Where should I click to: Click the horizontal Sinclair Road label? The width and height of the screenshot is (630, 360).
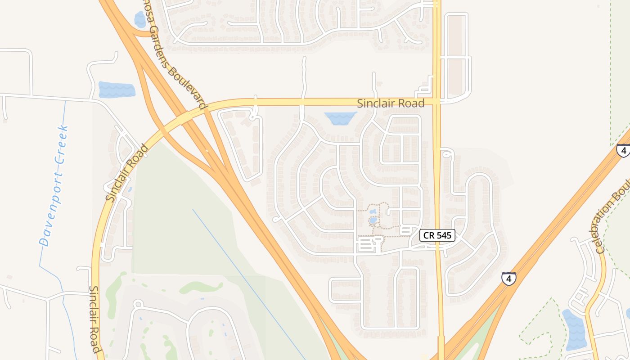coord(391,103)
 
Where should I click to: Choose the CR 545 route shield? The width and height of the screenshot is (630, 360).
coord(438,235)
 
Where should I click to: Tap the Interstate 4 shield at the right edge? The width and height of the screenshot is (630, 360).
coord(623,150)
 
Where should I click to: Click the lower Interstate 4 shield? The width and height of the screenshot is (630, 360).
coord(509,279)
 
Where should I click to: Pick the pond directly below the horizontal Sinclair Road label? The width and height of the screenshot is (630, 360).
coord(340,118)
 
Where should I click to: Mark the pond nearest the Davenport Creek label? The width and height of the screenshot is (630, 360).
coord(117,90)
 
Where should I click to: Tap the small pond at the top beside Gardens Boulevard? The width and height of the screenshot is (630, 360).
coord(140,20)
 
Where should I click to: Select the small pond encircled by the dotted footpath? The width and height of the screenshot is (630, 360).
coord(373,220)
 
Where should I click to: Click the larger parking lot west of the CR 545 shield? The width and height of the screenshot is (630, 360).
coord(367,246)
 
